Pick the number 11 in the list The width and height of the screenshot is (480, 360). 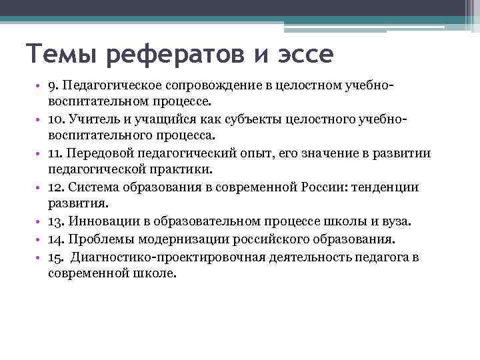coord(54,153)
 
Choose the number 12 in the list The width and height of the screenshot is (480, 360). coord(55,187)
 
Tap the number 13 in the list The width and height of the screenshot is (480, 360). coord(55,221)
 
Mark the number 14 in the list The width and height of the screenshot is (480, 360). coord(55,239)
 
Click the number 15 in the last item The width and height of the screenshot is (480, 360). coord(55,256)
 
